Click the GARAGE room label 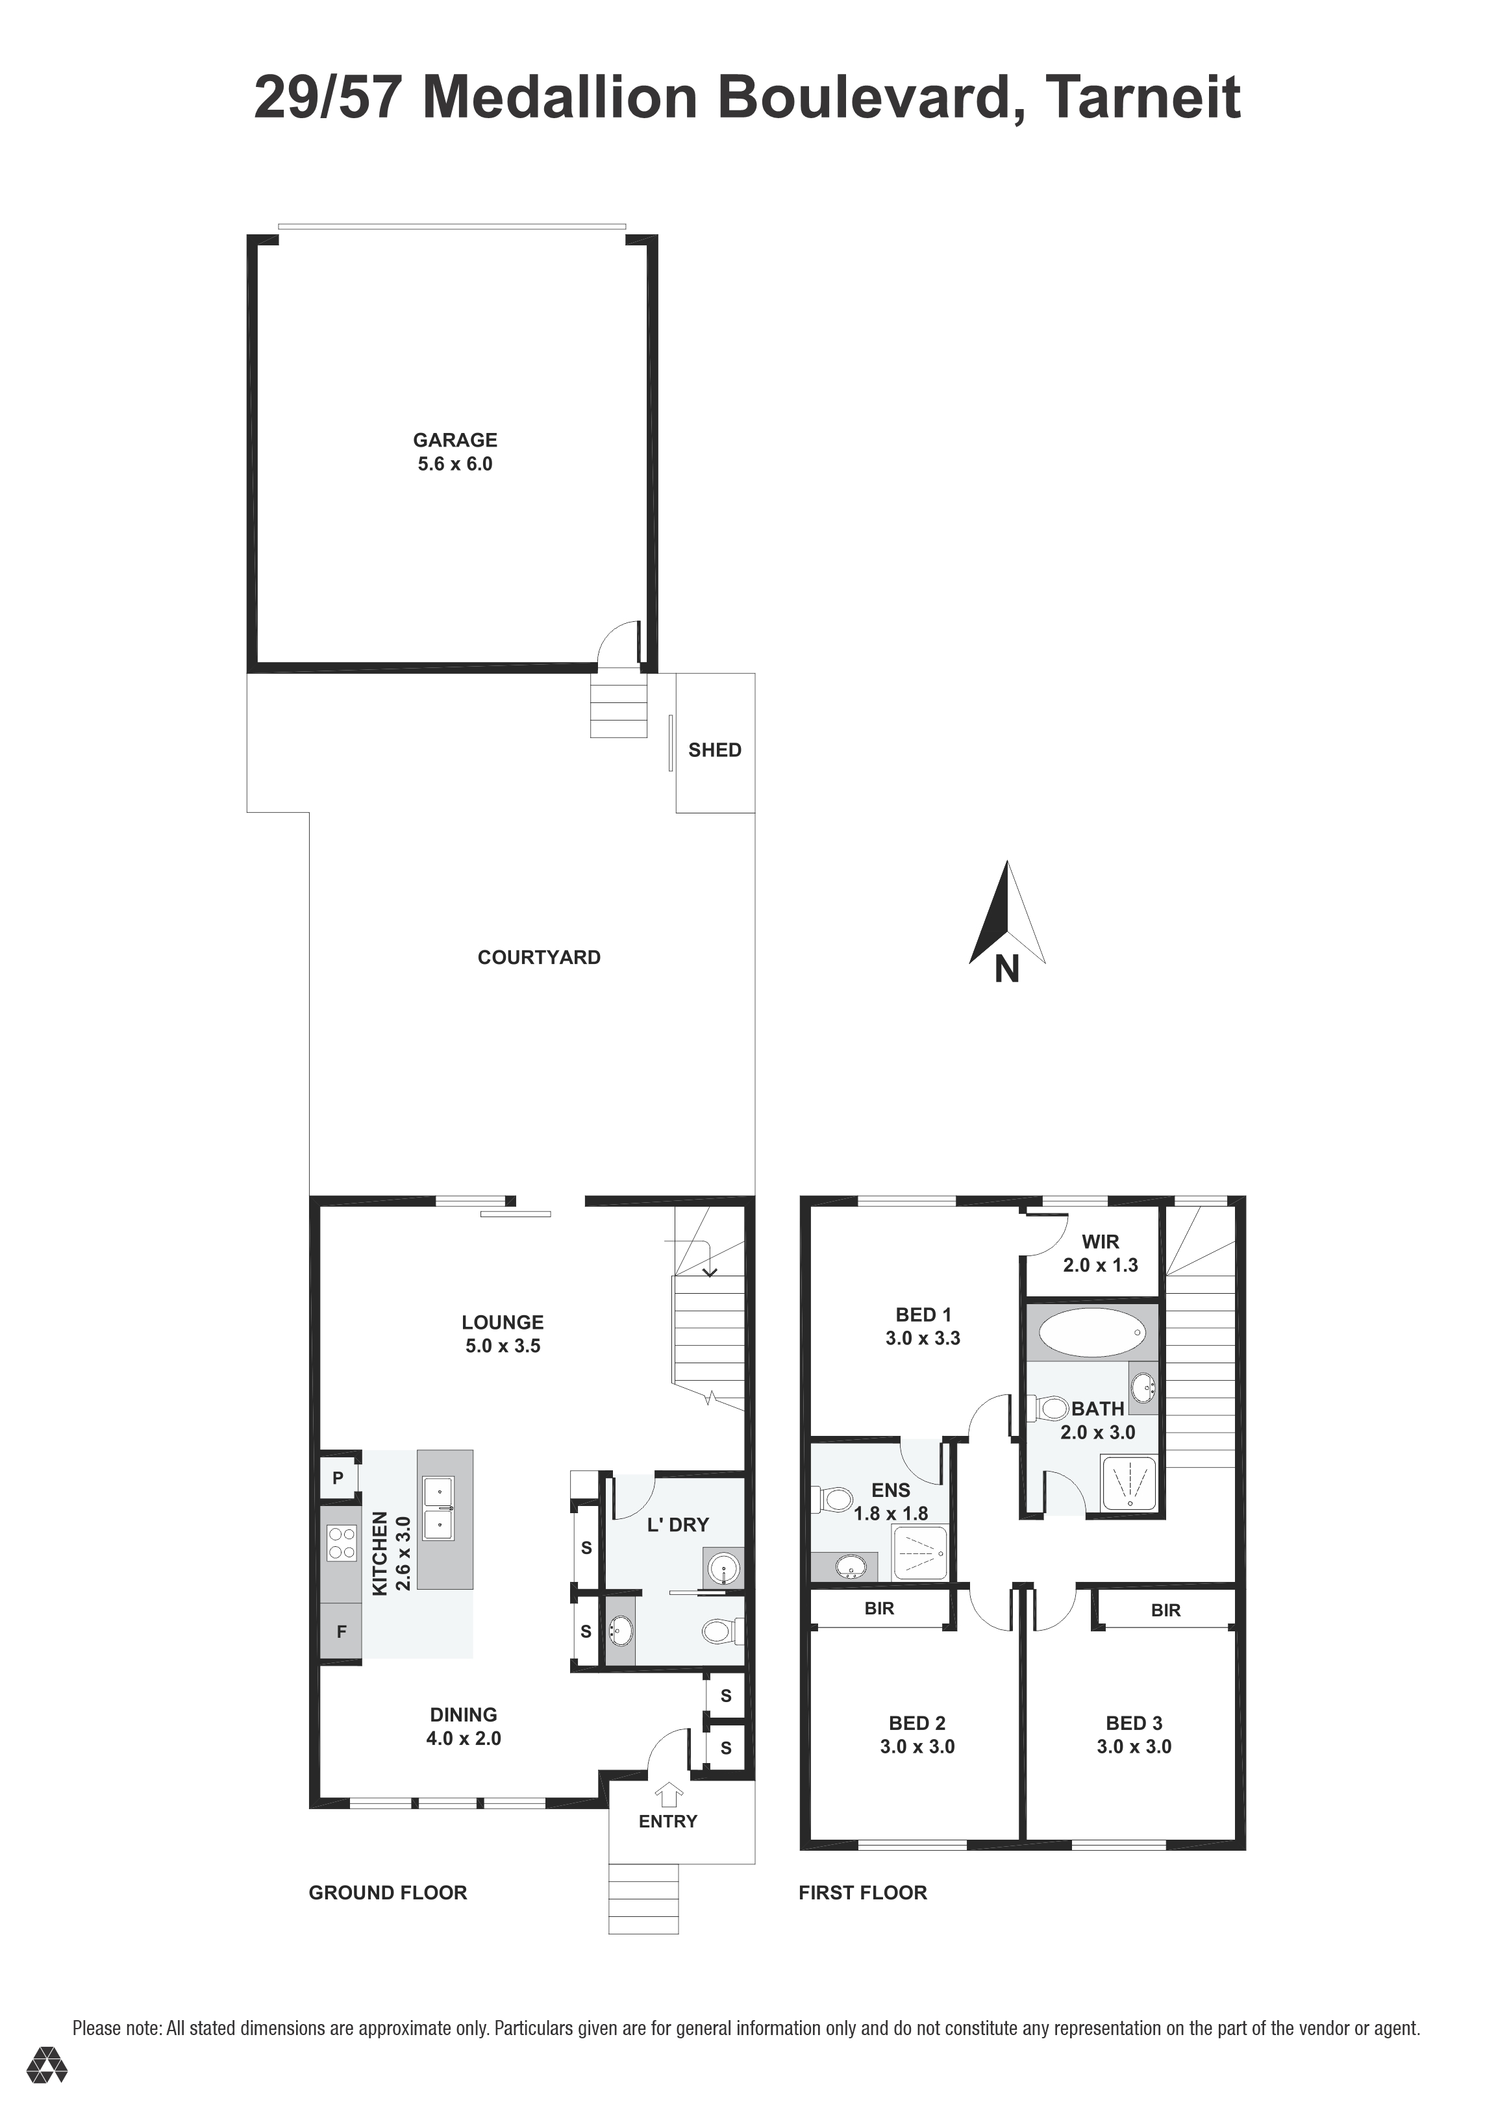(455, 440)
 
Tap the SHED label (714, 750)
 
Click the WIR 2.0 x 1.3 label (1100, 1253)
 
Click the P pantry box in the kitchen (338, 1478)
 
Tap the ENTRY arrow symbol (668, 1795)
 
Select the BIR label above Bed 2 (879, 1609)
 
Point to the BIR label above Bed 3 (1166, 1611)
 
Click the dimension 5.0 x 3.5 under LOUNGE (503, 1346)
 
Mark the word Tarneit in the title (1143, 97)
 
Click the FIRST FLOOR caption (862, 1893)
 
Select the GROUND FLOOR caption (388, 1893)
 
